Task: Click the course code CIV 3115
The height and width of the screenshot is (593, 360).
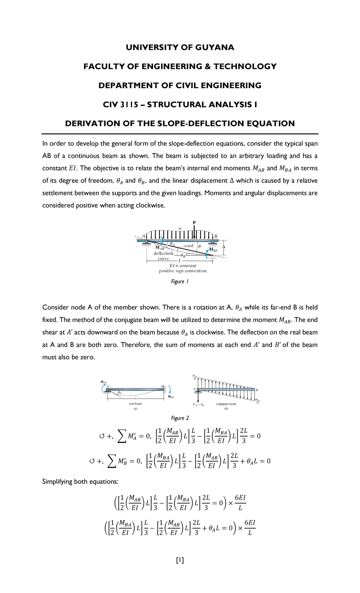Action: point(120,104)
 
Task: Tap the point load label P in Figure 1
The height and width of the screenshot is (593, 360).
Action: point(194,223)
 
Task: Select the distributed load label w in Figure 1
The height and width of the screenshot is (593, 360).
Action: point(180,229)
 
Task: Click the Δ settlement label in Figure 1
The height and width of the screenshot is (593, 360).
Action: point(223,247)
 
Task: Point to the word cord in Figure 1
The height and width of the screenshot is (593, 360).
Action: point(189,245)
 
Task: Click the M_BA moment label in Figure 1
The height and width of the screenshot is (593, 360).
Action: point(213,250)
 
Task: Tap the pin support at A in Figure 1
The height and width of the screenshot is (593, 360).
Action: point(146,242)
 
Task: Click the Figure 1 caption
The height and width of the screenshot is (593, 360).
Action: point(180,281)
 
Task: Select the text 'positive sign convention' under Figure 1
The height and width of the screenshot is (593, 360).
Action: point(183,271)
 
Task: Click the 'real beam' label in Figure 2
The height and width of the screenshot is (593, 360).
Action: point(135,404)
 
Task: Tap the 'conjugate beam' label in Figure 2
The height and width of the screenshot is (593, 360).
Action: point(226,404)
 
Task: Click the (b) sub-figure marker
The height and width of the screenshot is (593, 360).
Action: point(226,409)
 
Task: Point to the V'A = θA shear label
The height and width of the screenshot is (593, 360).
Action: point(198,405)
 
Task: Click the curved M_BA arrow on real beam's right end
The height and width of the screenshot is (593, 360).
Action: point(170,389)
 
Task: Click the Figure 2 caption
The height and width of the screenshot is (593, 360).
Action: point(180,418)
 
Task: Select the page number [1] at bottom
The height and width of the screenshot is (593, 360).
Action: point(180,560)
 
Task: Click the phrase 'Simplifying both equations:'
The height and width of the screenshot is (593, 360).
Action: point(80,482)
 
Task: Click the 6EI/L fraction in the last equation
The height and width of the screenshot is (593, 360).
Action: point(250,528)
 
